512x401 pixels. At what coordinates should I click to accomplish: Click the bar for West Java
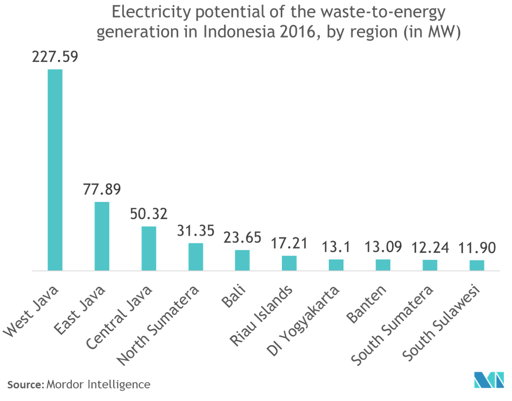55,170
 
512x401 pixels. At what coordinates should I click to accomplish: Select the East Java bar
102,236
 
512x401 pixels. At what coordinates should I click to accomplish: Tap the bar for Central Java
149,248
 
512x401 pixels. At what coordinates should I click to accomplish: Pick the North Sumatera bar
196,257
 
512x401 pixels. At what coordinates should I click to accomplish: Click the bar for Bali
242,260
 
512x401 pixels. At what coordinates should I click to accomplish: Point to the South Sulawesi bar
477,265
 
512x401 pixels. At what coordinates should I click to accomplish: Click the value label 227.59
55,57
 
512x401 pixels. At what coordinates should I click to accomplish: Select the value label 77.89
102,190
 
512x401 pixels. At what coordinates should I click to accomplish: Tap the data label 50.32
149,214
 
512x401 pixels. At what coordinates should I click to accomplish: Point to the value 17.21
289,243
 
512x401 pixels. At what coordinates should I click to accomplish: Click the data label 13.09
383,247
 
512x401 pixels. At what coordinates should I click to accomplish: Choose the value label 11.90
477,248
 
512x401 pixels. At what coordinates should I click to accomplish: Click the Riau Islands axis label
261,315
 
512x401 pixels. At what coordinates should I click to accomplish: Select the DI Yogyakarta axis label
304,320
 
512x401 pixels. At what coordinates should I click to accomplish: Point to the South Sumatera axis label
393,325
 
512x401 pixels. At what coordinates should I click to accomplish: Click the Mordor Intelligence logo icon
489,380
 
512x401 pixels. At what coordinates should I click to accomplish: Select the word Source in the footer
24,385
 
